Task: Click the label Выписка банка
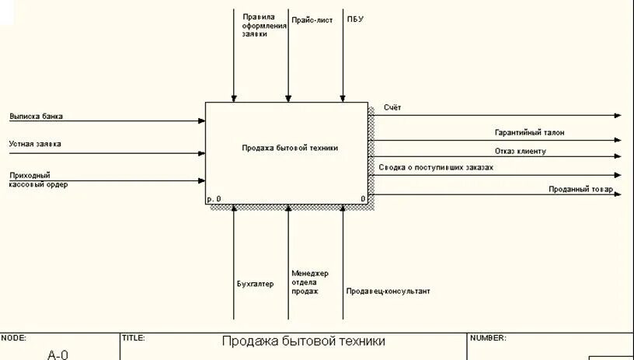coord(37,117)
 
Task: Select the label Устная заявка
coord(35,144)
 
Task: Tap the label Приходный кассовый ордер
coord(38,180)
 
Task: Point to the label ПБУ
coord(355,19)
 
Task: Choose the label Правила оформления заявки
coord(264,25)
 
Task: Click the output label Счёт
coord(392,107)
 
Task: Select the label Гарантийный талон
coord(529,133)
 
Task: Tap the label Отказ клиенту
coord(521,151)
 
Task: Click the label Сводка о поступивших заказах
coord(436,167)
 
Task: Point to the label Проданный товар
coord(580,189)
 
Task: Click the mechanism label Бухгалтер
coord(255,284)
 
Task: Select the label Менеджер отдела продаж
coord(310,282)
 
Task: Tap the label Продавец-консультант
coord(388,292)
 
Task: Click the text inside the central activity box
coord(290,147)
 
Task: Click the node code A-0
coord(57,355)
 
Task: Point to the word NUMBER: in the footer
coord(488,338)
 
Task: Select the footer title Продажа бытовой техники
coord(303,341)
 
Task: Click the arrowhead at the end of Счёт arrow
coord(618,115)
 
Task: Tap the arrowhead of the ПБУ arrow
coord(343,98)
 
